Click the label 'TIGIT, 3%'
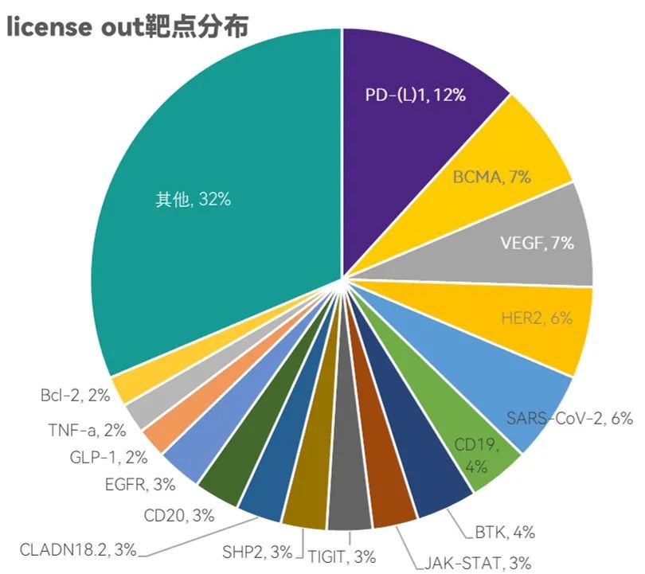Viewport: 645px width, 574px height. coord(342,556)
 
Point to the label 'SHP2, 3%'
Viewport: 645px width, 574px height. coord(268,552)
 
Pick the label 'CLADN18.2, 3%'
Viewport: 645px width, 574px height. coord(78,549)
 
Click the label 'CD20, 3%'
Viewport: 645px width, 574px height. coord(179,515)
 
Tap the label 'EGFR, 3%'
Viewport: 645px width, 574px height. coord(139,484)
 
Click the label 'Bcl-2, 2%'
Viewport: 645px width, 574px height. coord(76,395)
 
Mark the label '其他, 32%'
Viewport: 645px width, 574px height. coord(193,199)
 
